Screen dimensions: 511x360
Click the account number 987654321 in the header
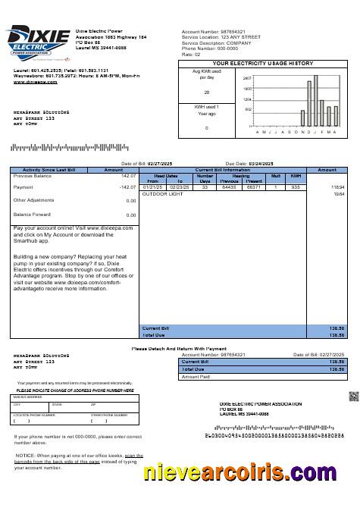point(231,31)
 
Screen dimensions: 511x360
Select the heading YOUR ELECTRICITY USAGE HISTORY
point(261,64)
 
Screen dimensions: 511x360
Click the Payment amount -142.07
point(126,187)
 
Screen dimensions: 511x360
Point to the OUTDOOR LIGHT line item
point(163,194)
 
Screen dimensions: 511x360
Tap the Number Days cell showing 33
point(205,187)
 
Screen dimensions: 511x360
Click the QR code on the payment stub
point(352,397)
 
